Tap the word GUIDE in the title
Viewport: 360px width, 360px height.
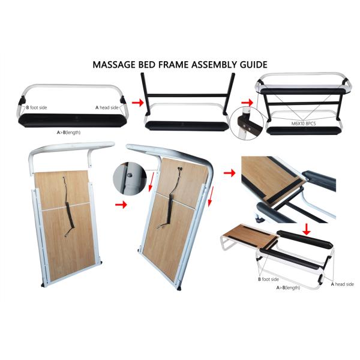[254, 65]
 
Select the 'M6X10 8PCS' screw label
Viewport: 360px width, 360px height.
[304, 124]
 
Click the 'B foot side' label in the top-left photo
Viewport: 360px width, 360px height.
[37, 107]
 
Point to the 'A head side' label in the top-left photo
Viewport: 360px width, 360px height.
[107, 107]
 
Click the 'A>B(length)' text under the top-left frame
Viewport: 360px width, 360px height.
[68, 132]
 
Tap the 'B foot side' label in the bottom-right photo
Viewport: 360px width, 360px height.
[268, 279]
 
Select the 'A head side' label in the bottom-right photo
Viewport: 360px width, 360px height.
[343, 284]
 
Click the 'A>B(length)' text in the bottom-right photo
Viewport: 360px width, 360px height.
[288, 287]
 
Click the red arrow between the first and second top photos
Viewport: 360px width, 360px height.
[138, 103]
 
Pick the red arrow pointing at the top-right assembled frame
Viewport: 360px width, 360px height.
[247, 102]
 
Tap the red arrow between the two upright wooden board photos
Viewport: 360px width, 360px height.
[121, 205]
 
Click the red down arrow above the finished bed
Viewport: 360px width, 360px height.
[307, 230]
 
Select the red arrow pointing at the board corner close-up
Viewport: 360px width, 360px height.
[230, 173]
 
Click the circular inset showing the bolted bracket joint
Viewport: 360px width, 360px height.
[247, 123]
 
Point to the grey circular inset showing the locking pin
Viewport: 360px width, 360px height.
[130, 179]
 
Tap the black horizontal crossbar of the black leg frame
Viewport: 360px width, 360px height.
[187, 95]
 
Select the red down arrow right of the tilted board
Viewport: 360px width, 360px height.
[211, 197]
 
